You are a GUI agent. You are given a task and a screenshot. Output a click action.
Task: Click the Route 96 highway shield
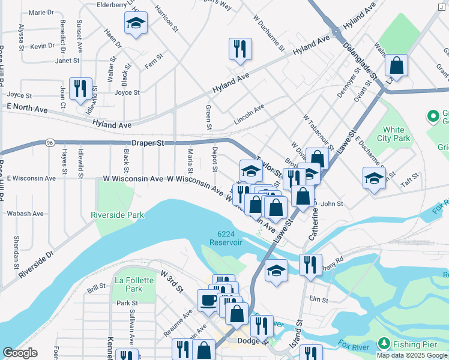point(50,143)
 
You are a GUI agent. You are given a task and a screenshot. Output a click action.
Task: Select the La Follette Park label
point(128,284)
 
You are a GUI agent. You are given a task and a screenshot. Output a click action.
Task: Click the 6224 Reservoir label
point(226,238)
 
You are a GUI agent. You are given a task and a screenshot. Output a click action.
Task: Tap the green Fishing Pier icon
point(383,344)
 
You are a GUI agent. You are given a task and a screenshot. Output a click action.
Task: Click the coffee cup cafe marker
point(208,300)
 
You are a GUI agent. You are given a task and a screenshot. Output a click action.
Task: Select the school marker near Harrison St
point(136,24)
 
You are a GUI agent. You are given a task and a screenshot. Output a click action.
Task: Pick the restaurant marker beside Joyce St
point(80,88)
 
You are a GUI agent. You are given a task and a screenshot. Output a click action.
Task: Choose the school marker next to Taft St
point(374,178)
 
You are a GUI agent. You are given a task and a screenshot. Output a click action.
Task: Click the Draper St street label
point(148,143)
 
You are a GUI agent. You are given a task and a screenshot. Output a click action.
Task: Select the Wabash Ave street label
point(25,213)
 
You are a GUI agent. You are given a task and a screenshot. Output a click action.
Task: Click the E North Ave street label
point(27,106)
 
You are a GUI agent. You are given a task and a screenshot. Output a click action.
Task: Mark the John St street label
point(331,204)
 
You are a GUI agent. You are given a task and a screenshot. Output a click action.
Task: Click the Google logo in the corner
point(20,353)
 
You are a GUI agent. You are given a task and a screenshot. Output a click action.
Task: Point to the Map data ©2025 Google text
point(411,355)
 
